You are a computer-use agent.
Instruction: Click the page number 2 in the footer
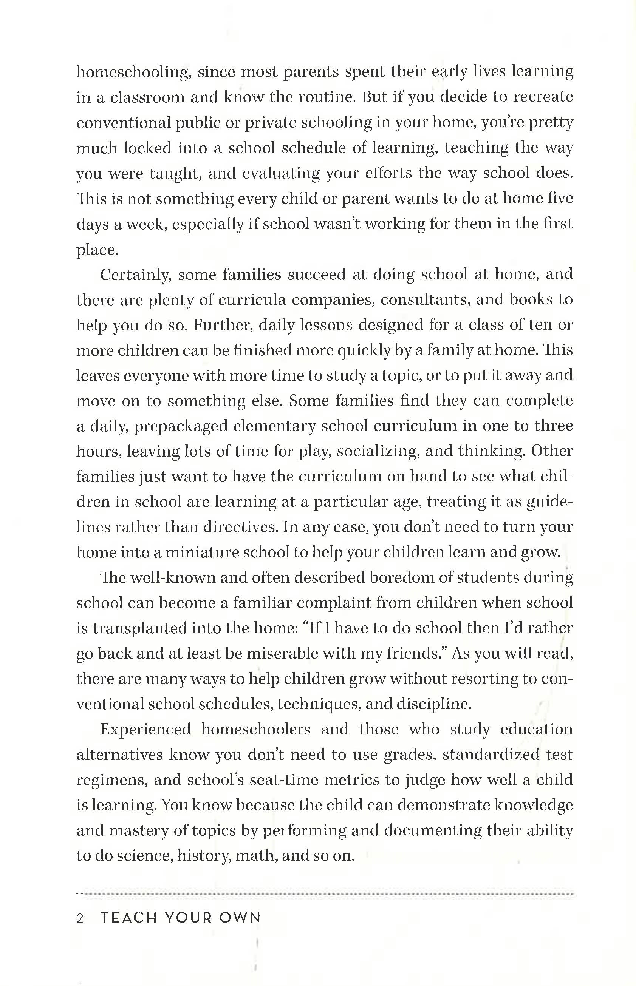pos(80,918)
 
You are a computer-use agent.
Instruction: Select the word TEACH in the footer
pos(128,918)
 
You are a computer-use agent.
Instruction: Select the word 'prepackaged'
pos(181,426)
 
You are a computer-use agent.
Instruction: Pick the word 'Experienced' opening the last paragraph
pos(145,730)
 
